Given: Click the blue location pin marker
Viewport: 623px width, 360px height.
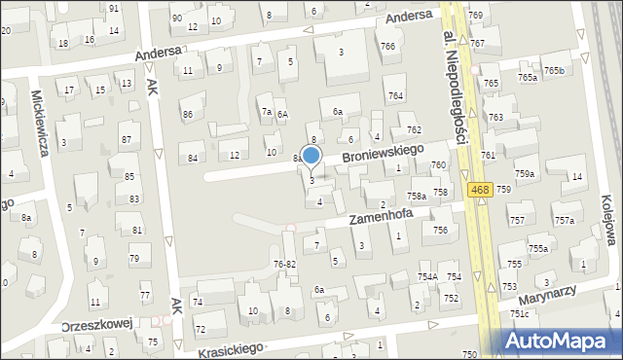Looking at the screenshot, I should (x=311, y=156).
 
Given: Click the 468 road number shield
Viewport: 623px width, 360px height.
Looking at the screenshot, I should (x=477, y=190).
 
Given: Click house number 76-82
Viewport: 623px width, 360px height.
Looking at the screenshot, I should (x=284, y=264).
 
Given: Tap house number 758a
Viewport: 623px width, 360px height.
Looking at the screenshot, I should (x=417, y=197).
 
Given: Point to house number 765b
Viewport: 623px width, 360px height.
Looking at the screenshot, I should (x=555, y=70).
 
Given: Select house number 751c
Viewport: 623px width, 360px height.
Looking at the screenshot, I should (x=519, y=313).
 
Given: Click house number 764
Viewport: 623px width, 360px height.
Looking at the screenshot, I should (x=395, y=95).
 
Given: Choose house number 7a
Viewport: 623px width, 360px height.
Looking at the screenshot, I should (x=266, y=112).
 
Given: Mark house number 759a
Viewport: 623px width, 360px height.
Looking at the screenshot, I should (x=525, y=173).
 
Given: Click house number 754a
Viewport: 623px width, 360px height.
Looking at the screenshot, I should (x=427, y=277).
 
